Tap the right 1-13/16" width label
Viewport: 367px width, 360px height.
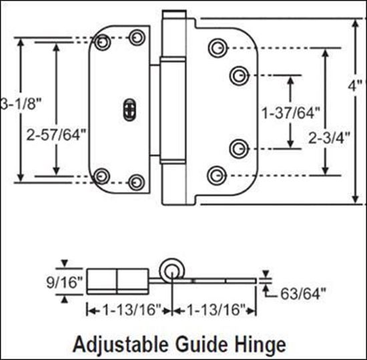(213, 310)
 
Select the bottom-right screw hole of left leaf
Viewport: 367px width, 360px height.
(137, 180)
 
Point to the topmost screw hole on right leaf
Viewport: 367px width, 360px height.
(216, 48)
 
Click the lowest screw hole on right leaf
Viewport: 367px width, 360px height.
(215, 176)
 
